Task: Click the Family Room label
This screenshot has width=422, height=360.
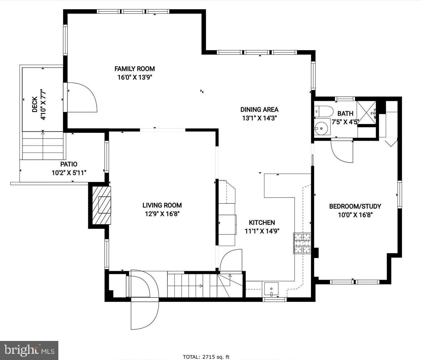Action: tap(134, 69)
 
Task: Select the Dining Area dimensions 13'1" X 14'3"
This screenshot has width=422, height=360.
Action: tap(259, 118)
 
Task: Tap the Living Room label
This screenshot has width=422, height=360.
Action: tap(162, 205)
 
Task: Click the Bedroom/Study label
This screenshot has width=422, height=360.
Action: tap(355, 206)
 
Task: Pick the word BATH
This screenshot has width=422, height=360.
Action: tap(345, 114)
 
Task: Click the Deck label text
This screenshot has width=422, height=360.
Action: tap(35, 104)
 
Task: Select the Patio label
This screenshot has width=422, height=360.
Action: tap(69, 164)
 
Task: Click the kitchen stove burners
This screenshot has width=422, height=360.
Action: tap(302, 243)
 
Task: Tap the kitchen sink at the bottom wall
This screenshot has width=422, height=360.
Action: tap(271, 289)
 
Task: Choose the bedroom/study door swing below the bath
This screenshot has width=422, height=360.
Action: tap(342, 151)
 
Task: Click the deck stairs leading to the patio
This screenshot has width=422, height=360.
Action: tap(43, 146)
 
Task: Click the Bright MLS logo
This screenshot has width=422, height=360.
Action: tap(29, 350)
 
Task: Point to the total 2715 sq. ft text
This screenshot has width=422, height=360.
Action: tap(206, 357)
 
